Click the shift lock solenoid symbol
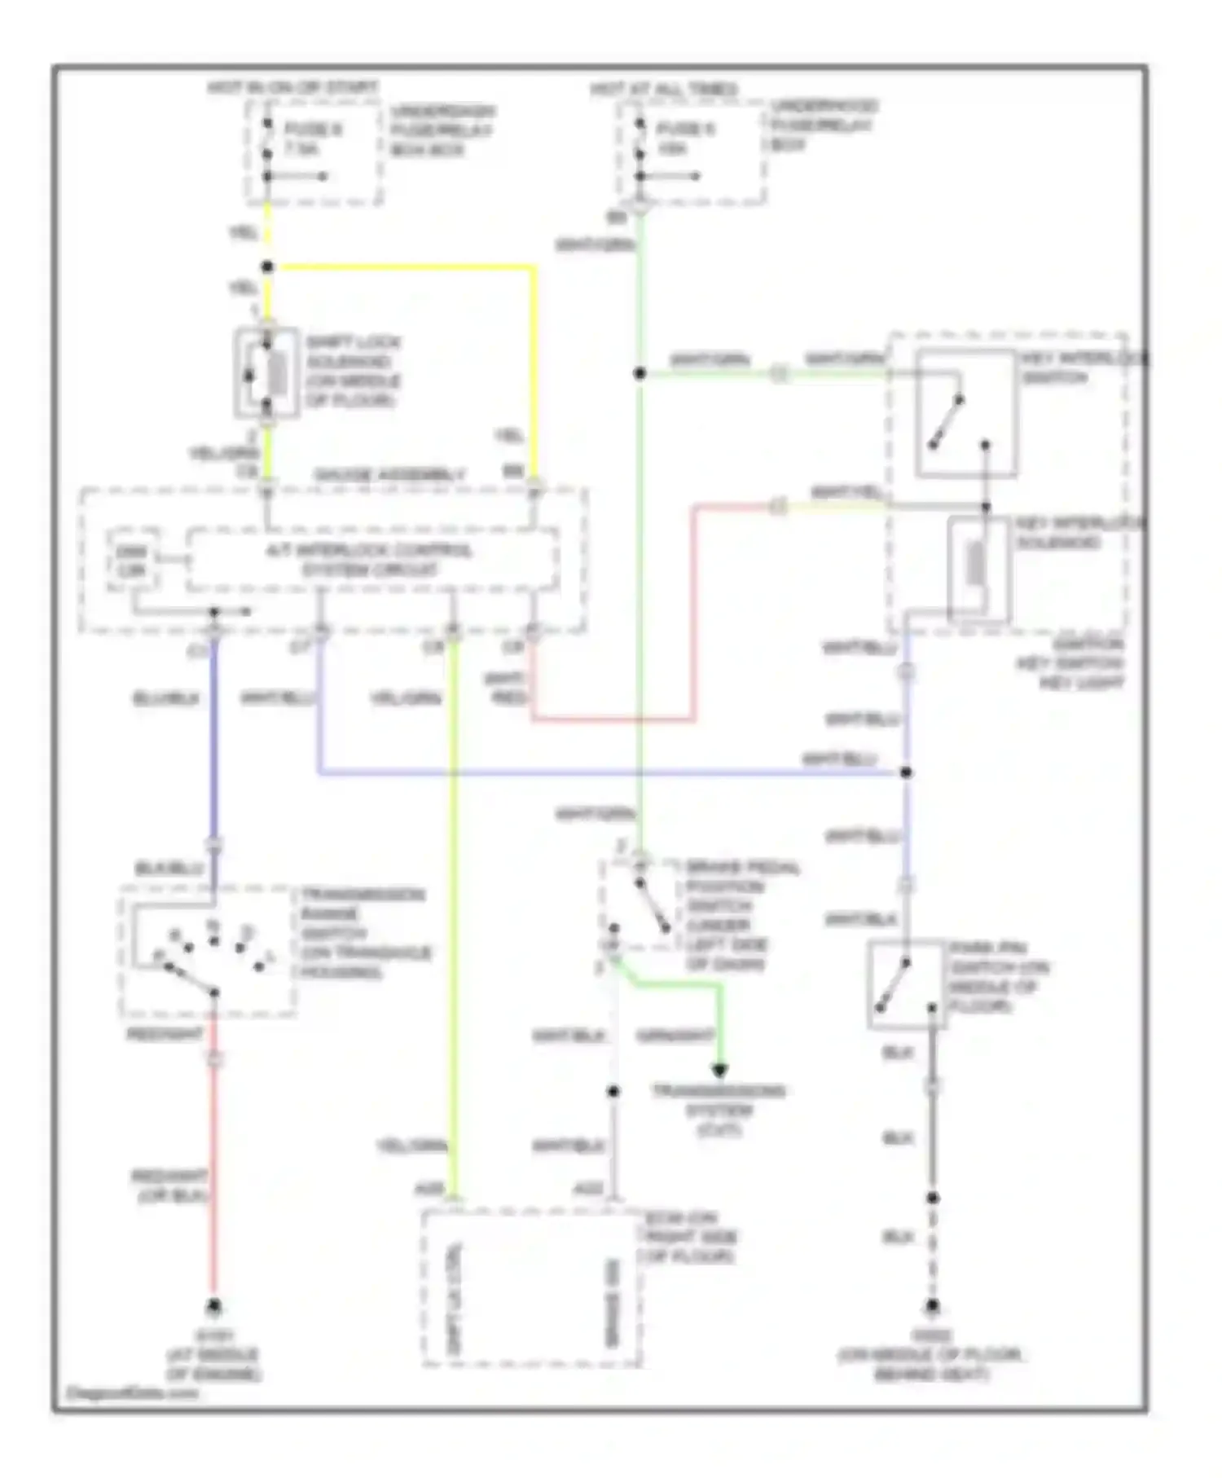[266, 373]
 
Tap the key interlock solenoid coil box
[978, 568]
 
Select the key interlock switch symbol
[965, 413]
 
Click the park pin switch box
[905, 985]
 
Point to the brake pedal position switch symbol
[641, 904]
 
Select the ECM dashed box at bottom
[530, 1287]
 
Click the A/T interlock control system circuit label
[371, 560]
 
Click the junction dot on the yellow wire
[267, 266]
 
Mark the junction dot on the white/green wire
[640, 373]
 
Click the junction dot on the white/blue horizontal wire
[905, 772]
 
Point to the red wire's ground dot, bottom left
[213, 1307]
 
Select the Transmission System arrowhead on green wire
[719, 1071]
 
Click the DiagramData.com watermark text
[131, 1392]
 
